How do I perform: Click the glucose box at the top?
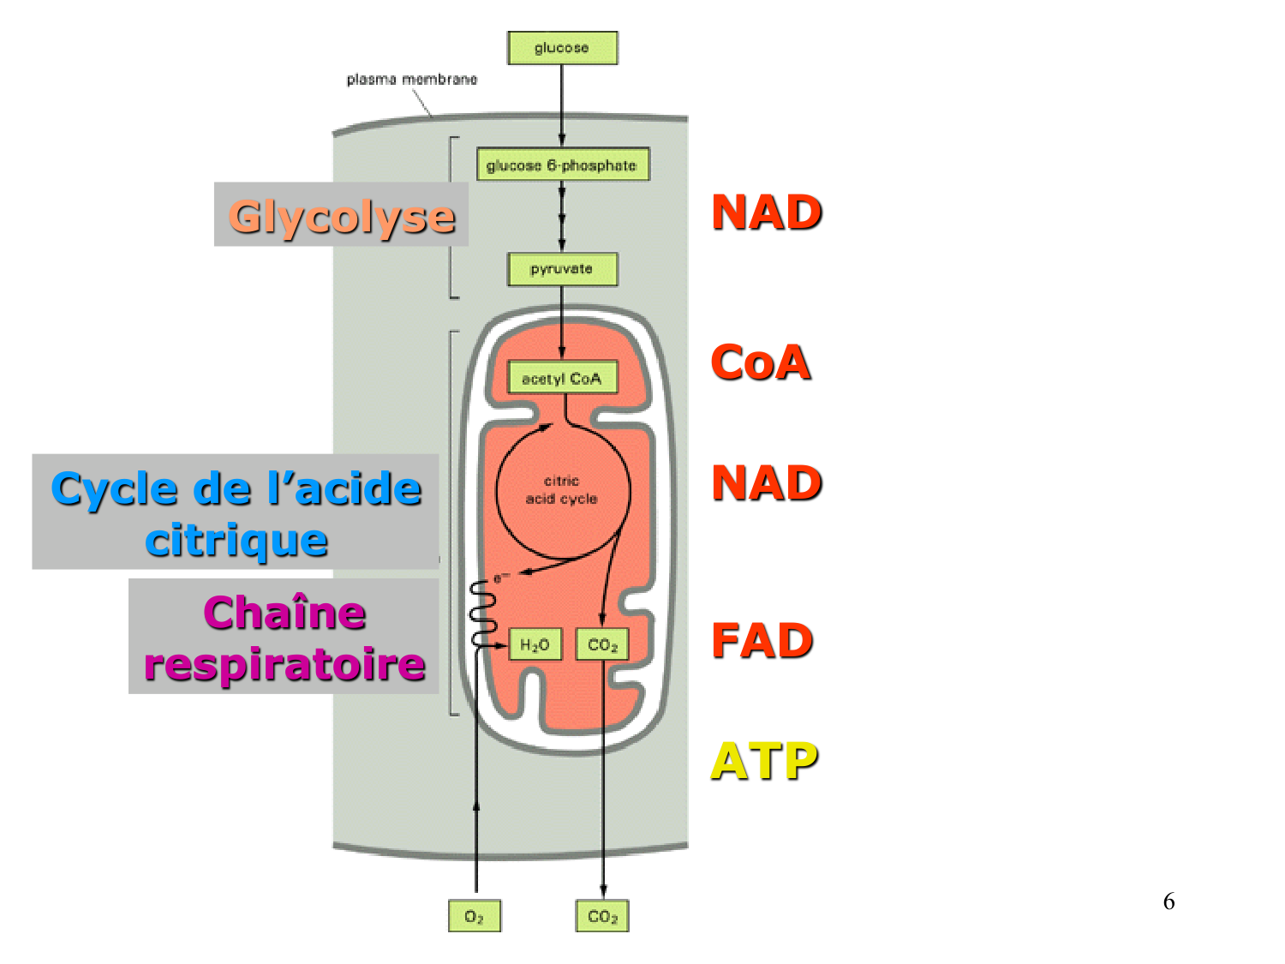click(562, 48)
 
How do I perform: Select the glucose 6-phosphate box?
click(563, 165)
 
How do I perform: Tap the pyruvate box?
click(562, 269)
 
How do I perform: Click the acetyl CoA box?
click(562, 378)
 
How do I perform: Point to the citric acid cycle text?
click(562, 490)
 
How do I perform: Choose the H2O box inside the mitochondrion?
click(535, 644)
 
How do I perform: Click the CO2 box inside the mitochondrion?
click(602, 644)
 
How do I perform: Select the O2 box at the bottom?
click(475, 916)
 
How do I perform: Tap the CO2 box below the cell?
click(602, 916)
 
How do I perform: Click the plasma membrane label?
click(411, 80)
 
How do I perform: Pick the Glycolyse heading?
click(341, 216)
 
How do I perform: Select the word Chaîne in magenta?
click(284, 614)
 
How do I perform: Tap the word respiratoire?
click(284, 665)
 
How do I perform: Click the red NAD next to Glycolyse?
click(767, 213)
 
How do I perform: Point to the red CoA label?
click(761, 362)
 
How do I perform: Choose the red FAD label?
click(762, 641)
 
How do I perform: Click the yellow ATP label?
click(764, 761)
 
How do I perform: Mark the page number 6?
click(1168, 901)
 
